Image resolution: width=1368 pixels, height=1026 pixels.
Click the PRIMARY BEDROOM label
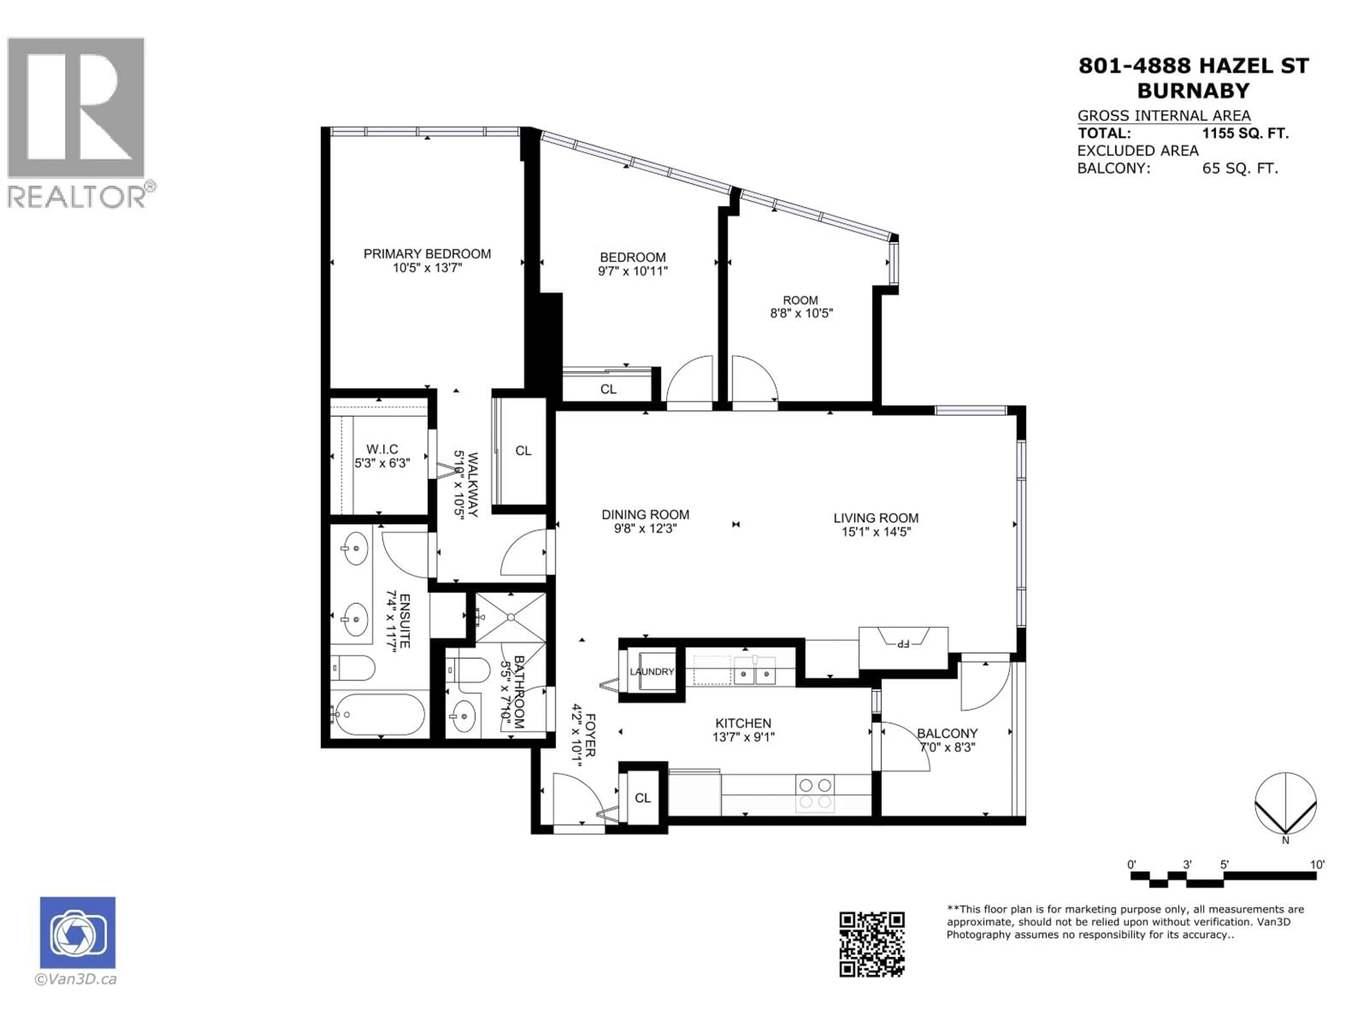(427, 254)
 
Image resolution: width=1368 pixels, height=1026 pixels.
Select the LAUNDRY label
(651, 672)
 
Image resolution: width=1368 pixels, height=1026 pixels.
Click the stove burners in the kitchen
(815, 793)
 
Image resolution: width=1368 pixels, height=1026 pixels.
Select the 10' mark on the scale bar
(1317, 865)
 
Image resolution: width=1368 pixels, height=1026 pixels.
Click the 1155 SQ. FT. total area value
(1245, 133)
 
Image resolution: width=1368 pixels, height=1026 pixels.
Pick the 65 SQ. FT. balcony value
(1239, 168)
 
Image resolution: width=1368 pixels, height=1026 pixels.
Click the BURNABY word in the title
(1193, 91)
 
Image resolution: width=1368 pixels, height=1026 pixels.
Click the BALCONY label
(947, 734)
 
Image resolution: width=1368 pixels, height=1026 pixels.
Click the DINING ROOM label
(645, 514)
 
